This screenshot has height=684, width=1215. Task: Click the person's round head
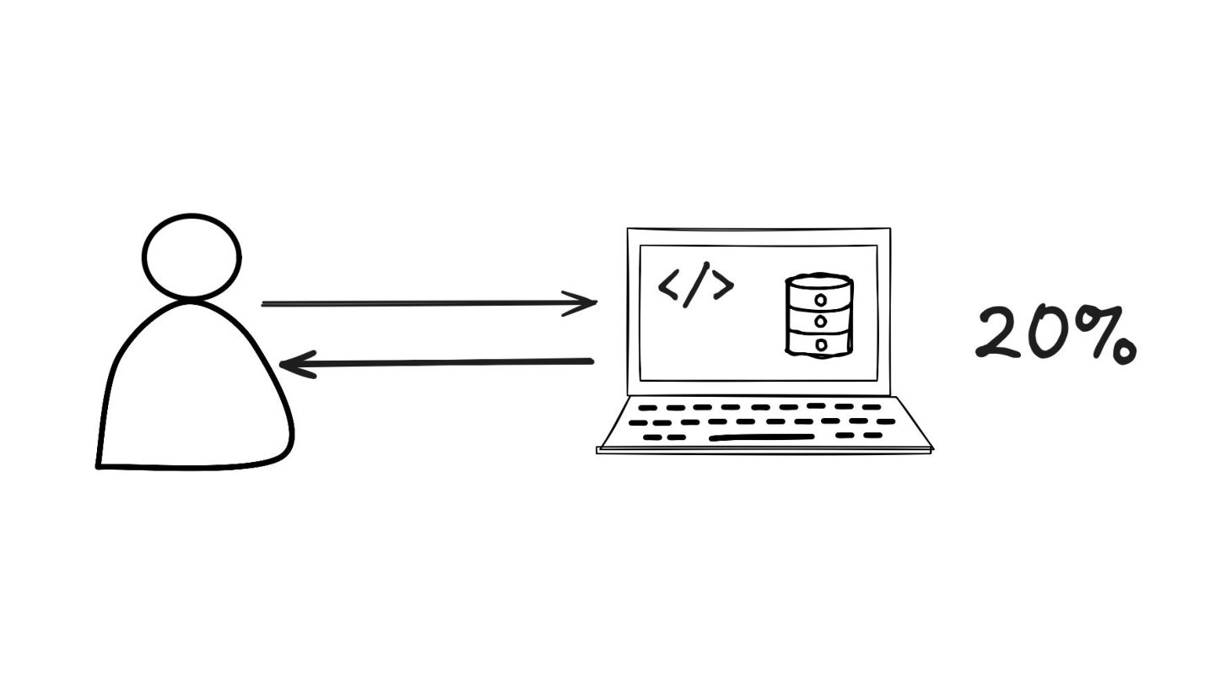click(192, 256)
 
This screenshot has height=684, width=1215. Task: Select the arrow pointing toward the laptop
click(422, 303)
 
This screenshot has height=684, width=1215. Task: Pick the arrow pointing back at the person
click(439, 363)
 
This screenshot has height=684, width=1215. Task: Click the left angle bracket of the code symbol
click(668, 286)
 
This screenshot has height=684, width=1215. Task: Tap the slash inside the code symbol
click(695, 285)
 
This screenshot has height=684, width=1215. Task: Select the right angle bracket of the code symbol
click(723, 286)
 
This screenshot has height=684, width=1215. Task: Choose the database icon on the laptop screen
click(818, 314)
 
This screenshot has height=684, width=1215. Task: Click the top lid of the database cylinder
click(818, 280)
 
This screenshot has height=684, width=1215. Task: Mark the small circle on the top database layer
click(820, 300)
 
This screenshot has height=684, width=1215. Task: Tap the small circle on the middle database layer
click(820, 322)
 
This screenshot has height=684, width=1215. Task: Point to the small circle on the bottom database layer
click(820, 344)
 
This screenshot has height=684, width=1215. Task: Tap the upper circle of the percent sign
click(1088, 320)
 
